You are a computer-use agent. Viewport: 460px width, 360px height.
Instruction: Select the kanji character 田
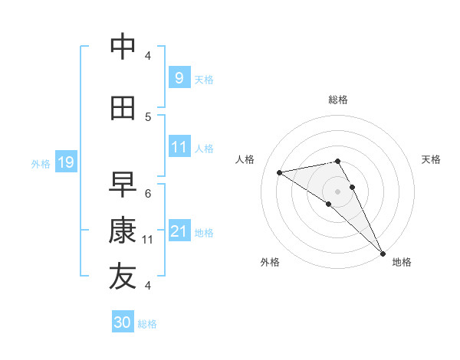[123, 108]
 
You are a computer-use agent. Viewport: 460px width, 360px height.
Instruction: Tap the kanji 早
[123, 184]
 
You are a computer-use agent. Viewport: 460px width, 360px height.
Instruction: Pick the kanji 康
[123, 231]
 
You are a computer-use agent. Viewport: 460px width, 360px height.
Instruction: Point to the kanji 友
[123, 277]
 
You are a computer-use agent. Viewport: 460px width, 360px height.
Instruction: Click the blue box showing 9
[179, 77]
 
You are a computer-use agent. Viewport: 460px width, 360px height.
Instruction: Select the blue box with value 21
[179, 231]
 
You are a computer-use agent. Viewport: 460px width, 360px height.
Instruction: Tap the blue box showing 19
[65, 162]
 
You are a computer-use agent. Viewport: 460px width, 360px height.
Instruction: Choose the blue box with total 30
[123, 322]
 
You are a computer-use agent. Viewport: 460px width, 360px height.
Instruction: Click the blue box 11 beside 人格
[179, 147]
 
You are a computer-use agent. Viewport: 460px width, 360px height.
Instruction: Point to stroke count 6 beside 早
[148, 193]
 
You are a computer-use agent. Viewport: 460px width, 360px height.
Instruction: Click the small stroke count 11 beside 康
[148, 240]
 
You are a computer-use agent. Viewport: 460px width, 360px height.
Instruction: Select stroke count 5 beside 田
[148, 116]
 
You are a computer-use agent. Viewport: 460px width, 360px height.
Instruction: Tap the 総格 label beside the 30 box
[147, 324]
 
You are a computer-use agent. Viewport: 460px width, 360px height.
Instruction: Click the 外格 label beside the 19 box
[40, 163]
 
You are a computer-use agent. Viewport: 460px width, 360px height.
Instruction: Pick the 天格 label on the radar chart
[431, 159]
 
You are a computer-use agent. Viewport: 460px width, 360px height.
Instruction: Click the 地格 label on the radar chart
[402, 262]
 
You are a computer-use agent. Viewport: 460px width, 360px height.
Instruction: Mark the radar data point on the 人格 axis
[280, 172]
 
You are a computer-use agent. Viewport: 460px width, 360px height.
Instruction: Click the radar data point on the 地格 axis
[383, 254]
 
